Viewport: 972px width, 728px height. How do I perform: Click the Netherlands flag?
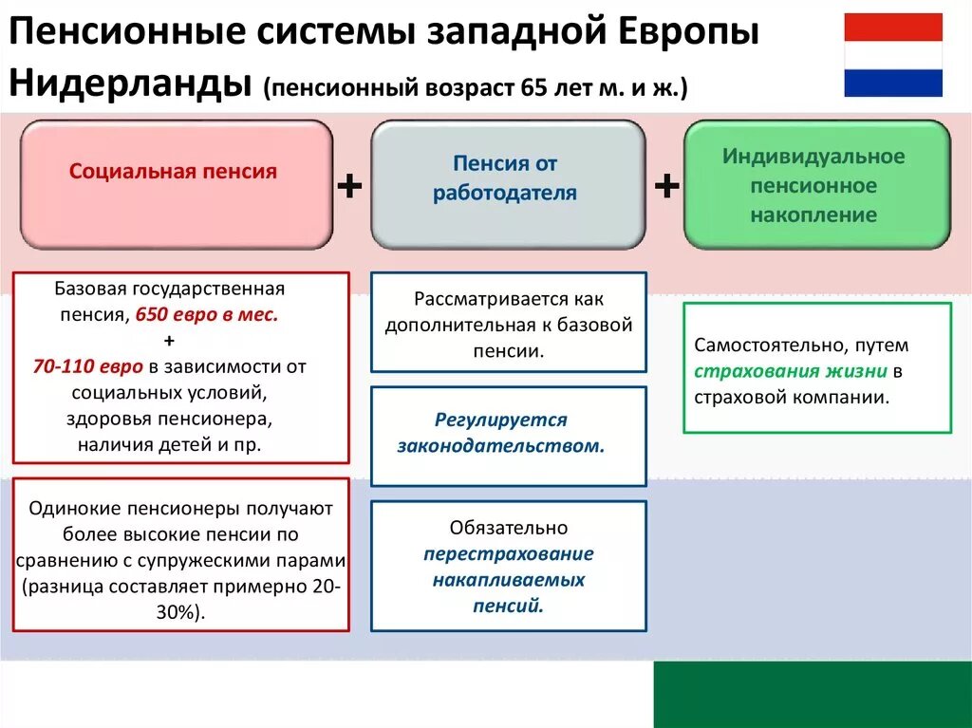(893, 55)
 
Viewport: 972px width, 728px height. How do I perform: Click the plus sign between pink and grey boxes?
(350, 186)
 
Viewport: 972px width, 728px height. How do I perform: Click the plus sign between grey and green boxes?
(666, 186)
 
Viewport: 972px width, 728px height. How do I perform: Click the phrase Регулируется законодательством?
(501, 432)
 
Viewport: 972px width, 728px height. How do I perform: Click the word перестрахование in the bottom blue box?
(509, 553)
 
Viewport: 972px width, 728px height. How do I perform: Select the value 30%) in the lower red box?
(181, 612)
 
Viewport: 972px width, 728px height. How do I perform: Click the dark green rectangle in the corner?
(812, 694)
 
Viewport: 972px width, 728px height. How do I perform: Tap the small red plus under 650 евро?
(169, 341)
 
